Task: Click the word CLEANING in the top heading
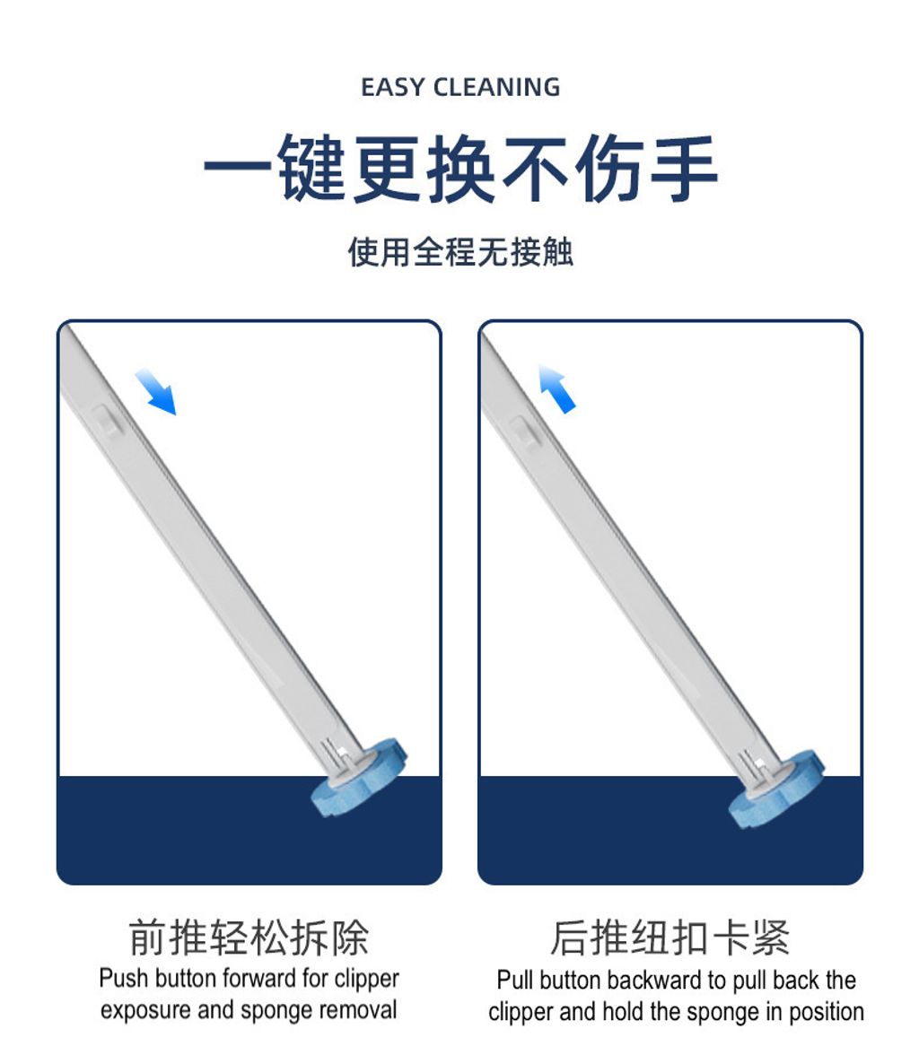496,87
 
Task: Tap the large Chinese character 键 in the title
311,168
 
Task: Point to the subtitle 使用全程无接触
459,253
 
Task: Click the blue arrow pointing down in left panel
156,392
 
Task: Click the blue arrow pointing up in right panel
556,388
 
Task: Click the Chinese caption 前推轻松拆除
249,937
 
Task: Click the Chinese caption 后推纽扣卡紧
670,937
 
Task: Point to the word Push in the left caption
124,978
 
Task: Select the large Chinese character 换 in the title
460,168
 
